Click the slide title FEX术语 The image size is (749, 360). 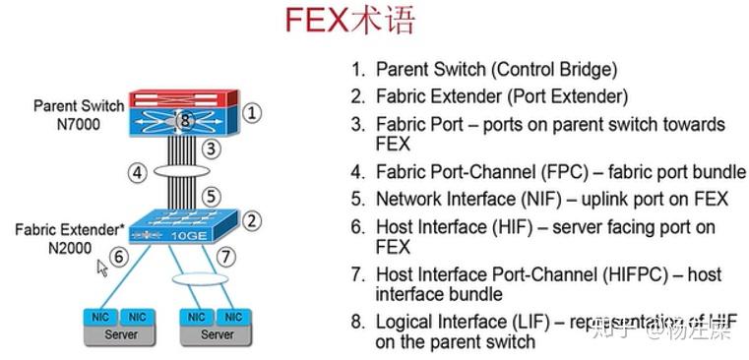[x=350, y=21]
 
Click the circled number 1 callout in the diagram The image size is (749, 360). [x=252, y=112]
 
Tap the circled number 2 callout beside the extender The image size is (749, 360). [x=252, y=220]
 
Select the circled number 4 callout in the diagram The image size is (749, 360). [x=138, y=173]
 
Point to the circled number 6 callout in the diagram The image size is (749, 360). [x=118, y=257]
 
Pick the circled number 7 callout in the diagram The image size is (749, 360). [x=226, y=257]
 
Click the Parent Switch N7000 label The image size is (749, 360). [x=79, y=114]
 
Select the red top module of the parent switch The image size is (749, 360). [x=182, y=97]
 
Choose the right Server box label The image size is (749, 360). [x=217, y=334]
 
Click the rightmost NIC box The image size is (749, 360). [x=232, y=318]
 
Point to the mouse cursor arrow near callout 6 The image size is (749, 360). [x=101, y=267]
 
